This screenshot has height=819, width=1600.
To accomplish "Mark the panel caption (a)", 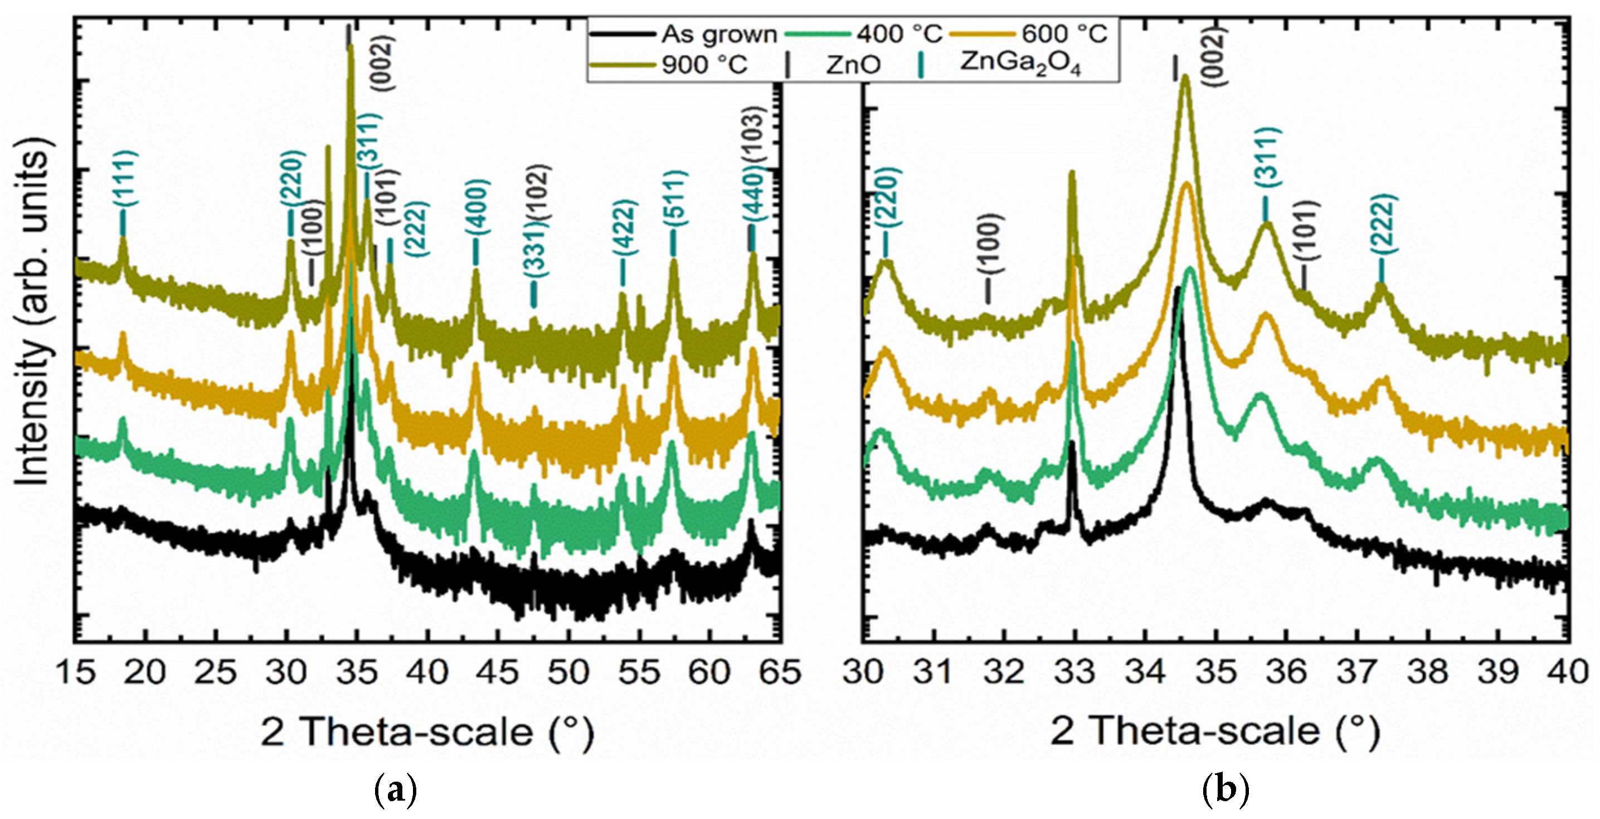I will (x=396, y=792).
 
